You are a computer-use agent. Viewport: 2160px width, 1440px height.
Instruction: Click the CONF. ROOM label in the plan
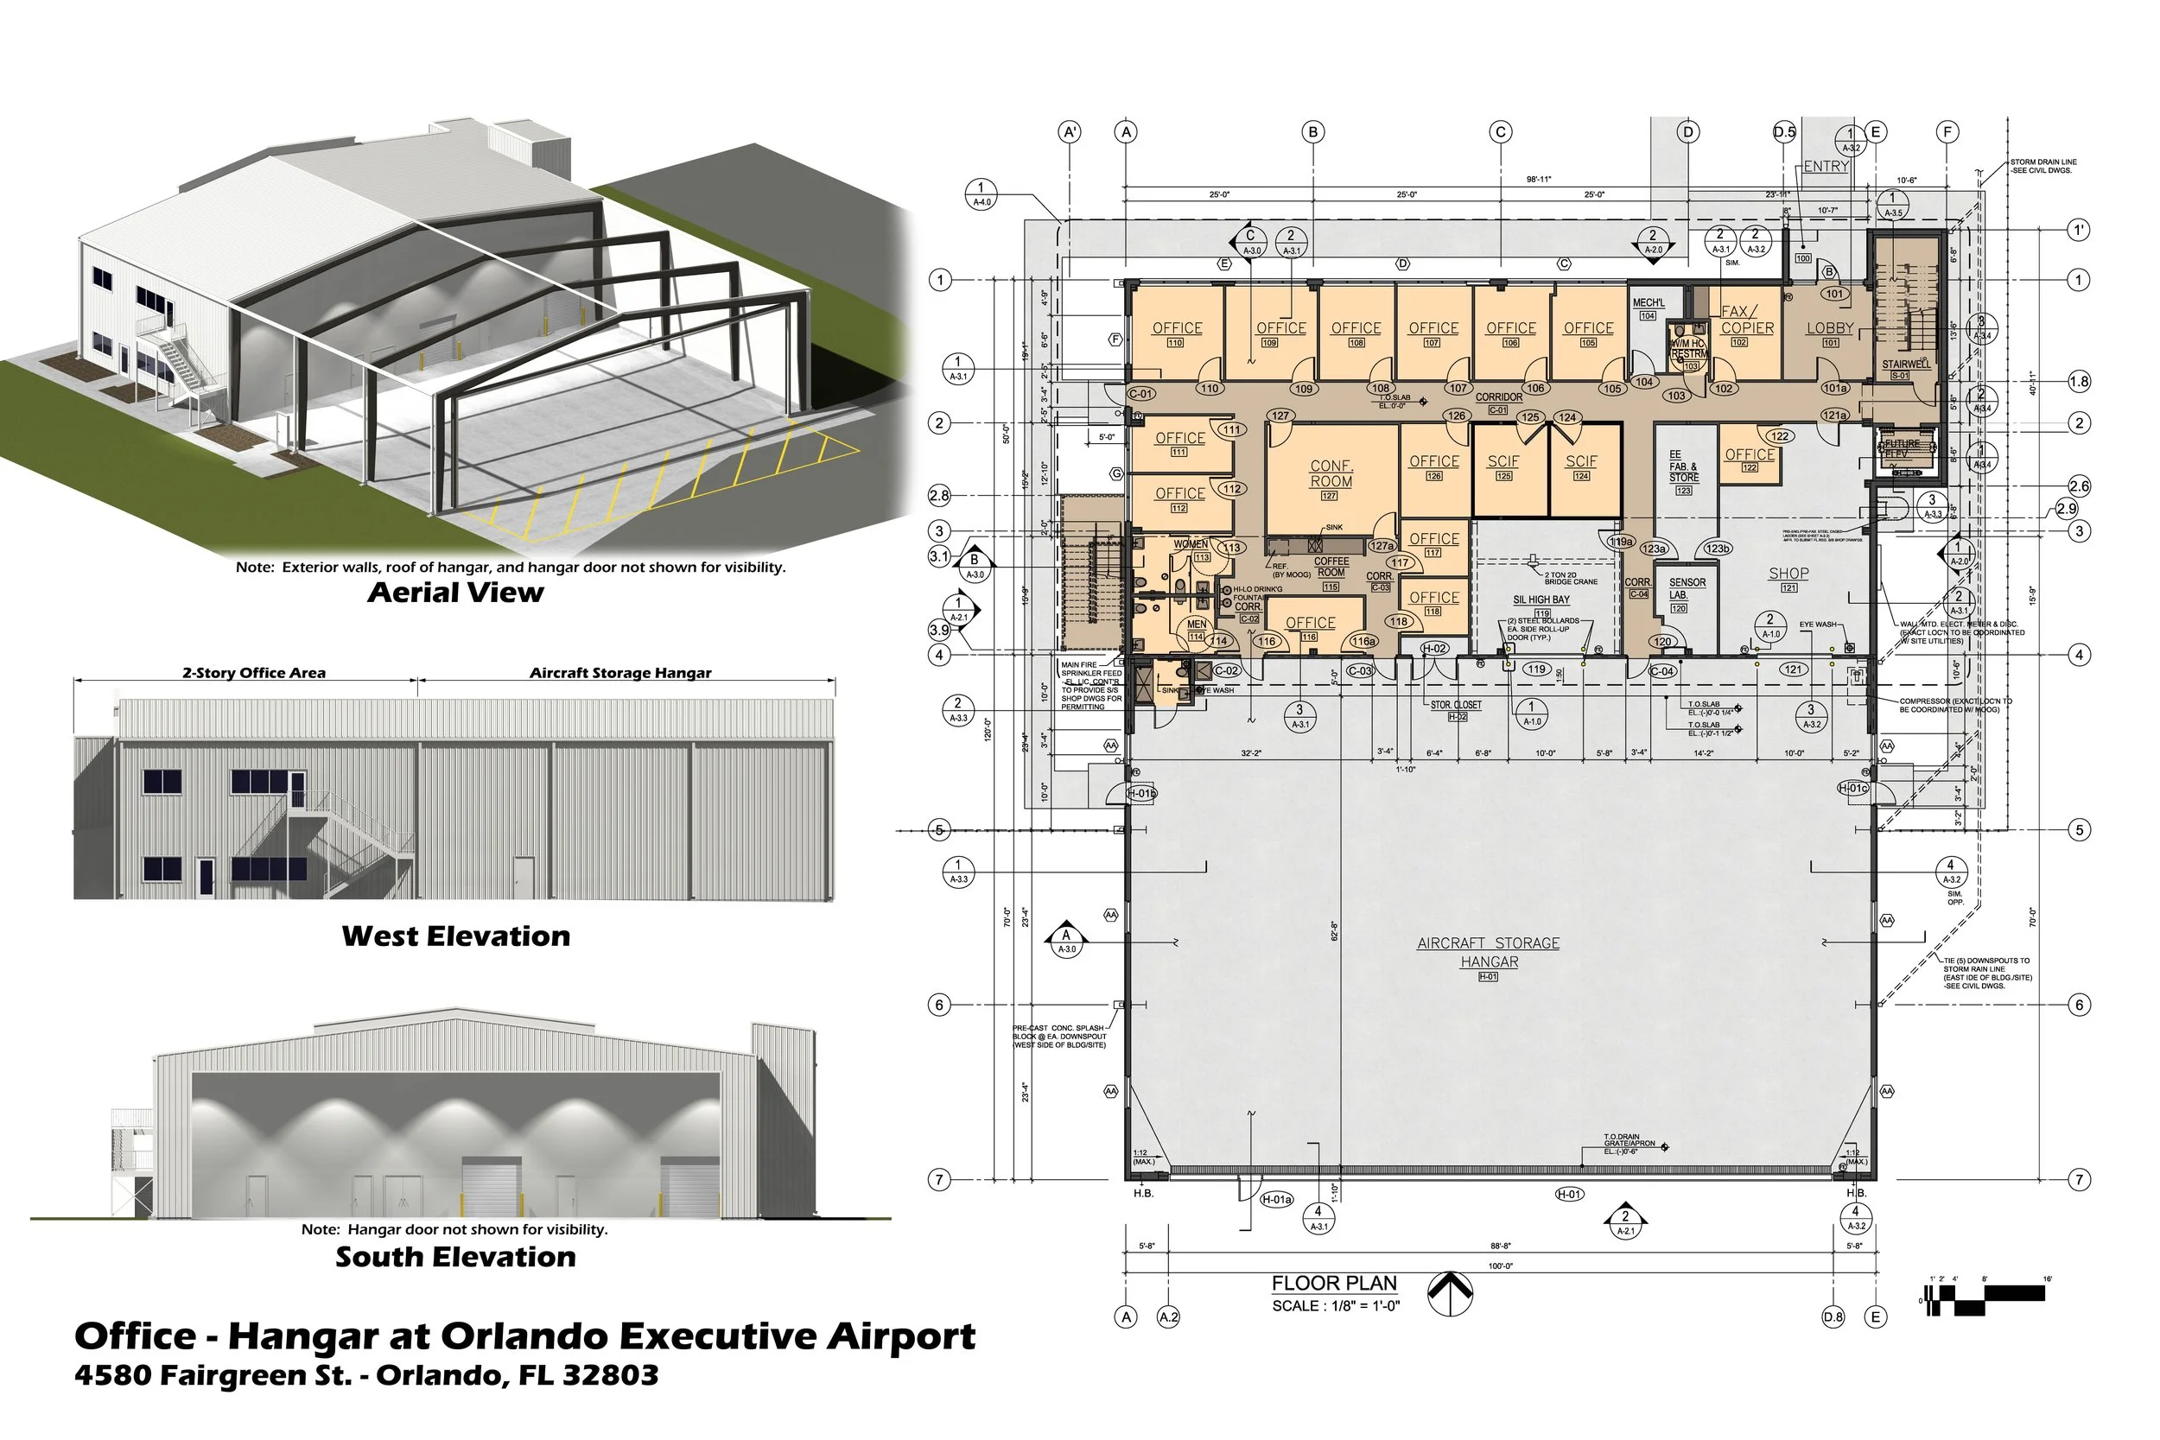[x=1331, y=474]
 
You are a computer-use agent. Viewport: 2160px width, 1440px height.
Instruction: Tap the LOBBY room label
[x=1829, y=329]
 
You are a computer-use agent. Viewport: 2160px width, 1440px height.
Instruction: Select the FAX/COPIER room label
[x=1747, y=320]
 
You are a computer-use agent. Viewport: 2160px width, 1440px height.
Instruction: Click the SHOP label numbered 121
[x=1788, y=574]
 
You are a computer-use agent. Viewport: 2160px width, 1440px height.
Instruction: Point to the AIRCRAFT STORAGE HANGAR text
[x=1488, y=952]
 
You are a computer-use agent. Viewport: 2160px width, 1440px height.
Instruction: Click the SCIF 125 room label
[x=1503, y=462]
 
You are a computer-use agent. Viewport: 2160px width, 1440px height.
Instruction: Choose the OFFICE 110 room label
[x=1177, y=329]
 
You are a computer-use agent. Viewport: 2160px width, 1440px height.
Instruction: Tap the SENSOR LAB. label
[x=1687, y=588]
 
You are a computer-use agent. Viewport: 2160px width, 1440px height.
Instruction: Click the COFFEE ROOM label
[x=1331, y=567]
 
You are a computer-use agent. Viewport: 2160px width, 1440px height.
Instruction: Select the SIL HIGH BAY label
[x=1541, y=600]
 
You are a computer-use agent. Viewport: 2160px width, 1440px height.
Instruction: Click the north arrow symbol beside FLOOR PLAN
[x=1450, y=1293]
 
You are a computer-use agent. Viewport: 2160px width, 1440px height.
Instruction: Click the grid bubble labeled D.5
[x=1783, y=132]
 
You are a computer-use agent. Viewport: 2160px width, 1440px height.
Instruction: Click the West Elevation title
[x=455, y=936]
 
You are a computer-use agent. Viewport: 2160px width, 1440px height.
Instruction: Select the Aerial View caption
[x=455, y=593]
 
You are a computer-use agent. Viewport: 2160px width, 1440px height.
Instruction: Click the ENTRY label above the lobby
[x=1825, y=166]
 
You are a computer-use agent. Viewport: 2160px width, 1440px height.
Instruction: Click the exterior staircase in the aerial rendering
[x=184, y=367]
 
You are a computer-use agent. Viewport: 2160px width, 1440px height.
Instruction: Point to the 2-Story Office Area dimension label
[x=253, y=673]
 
